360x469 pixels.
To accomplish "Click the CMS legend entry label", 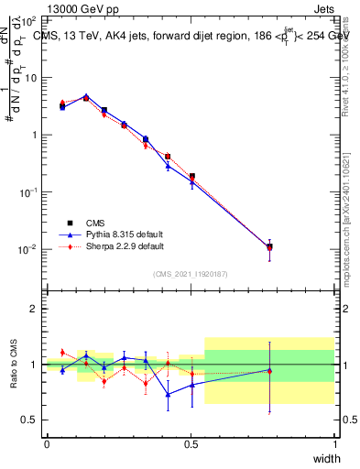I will pos(94,222).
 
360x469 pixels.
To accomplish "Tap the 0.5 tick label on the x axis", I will pos(191,444).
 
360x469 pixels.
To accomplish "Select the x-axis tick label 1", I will pos(334,444).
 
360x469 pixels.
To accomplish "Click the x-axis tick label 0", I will pos(47,444).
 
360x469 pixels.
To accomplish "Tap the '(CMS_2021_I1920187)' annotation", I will pos(191,272).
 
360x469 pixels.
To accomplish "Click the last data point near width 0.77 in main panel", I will pos(269,246).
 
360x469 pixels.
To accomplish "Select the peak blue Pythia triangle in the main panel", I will pos(86,95).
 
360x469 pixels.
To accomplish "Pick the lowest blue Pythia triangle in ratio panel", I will pos(168,395).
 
